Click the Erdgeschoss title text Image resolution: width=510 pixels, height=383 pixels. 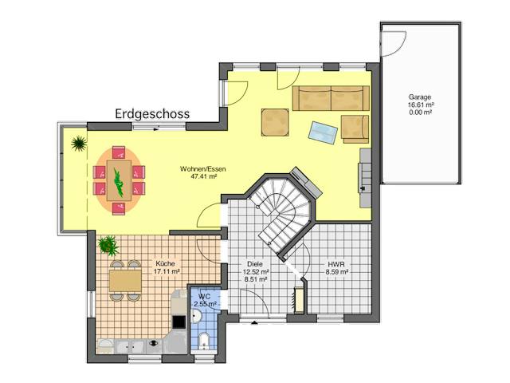152,114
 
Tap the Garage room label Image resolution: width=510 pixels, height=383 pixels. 420,97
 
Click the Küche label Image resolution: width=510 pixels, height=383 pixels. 165,263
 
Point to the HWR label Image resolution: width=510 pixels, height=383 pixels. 336,264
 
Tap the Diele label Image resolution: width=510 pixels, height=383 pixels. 255,264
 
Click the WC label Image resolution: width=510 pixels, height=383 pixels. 204,297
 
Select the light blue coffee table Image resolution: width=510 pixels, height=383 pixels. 323,132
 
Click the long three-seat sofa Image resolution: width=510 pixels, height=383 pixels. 331,98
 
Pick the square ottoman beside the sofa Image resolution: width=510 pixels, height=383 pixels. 275,122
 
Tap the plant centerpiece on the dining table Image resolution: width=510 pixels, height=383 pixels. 119,182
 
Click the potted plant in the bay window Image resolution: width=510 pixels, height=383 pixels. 79,144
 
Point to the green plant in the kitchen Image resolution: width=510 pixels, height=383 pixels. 108,245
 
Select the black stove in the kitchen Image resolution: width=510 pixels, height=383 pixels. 178,322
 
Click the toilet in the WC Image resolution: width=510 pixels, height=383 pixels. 204,341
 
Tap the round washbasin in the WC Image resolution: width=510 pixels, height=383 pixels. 197,316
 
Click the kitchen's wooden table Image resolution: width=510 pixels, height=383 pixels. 125,280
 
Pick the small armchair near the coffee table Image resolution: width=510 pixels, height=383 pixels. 355,129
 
